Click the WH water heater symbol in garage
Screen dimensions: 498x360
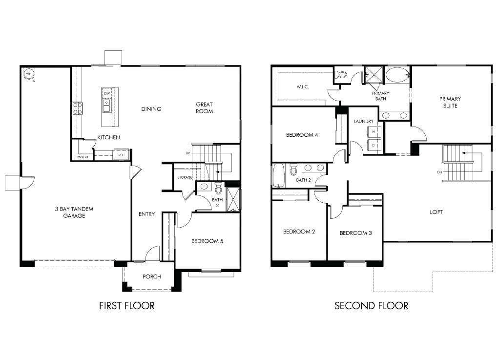[x=29, y=74]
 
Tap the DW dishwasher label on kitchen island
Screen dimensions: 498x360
[x=107, y=93]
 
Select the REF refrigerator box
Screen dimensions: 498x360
[x=121, y=155]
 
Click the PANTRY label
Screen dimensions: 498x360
[x=83, y=157]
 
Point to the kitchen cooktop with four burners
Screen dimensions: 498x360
[x=77, y=108]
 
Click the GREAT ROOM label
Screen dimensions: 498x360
[x=204, y=108]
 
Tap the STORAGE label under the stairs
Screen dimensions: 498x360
[x=185, y=177]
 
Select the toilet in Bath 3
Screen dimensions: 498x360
[x=218, y=188]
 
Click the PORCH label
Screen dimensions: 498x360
[x=152, y=276]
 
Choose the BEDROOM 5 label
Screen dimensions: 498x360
[x=207, y=241]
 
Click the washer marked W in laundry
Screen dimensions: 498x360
[x=374, y=131]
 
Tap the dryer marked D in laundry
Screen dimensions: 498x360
[x=374, y=145]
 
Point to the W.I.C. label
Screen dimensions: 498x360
[x=303, y=87]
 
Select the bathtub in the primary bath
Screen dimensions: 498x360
[x=397, y=75]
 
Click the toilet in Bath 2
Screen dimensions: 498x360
[x=293, y=169]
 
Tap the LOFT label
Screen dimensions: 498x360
[x=436, y=212]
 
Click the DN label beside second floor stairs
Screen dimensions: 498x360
[x=439, y=172]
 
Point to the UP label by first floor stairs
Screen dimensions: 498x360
[x=188, y=153]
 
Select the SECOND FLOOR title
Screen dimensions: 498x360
[x=371, y=306]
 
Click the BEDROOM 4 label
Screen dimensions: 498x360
[x=302, y=135]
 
